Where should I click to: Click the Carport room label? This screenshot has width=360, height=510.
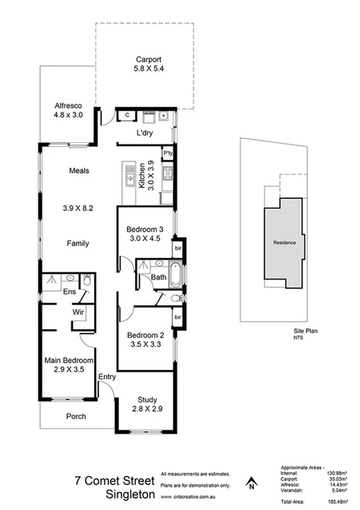(149, 59)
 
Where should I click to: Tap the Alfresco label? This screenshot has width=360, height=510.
(67, 105)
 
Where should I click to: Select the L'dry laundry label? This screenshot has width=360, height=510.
(145, 132)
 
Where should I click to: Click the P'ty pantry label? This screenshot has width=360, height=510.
(168, 153)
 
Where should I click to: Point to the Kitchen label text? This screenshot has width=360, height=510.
(141, 173)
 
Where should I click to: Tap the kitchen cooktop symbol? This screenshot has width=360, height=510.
(168, 173)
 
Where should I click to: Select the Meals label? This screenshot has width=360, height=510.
(78, 171)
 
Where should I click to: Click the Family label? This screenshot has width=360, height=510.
(78, 243)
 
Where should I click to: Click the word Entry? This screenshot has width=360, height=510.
(107, 377)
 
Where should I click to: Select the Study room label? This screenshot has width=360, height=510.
(145, 399)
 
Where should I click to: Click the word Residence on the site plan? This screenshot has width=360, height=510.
(284, 243)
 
